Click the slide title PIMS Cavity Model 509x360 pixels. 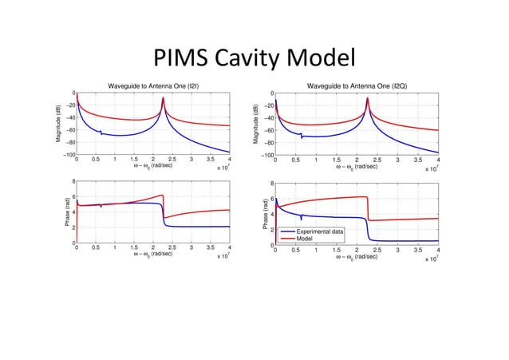pos(253,58)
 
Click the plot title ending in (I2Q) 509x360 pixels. pos(357,85)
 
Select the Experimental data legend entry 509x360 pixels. pos(320,231)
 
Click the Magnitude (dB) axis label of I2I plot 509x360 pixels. pos(59,125)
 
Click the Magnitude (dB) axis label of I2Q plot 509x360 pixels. pos(258,125)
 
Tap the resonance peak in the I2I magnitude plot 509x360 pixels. pos(164,99)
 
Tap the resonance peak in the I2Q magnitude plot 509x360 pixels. pos(367,99)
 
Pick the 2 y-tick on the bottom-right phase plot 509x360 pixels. pos(270,230)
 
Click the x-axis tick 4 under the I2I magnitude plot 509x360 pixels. pos(230,161)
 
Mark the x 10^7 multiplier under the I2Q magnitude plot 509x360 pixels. pos(431,169)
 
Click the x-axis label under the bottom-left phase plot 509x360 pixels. pos(153,254)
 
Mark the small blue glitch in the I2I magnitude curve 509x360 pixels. pos(101,133)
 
